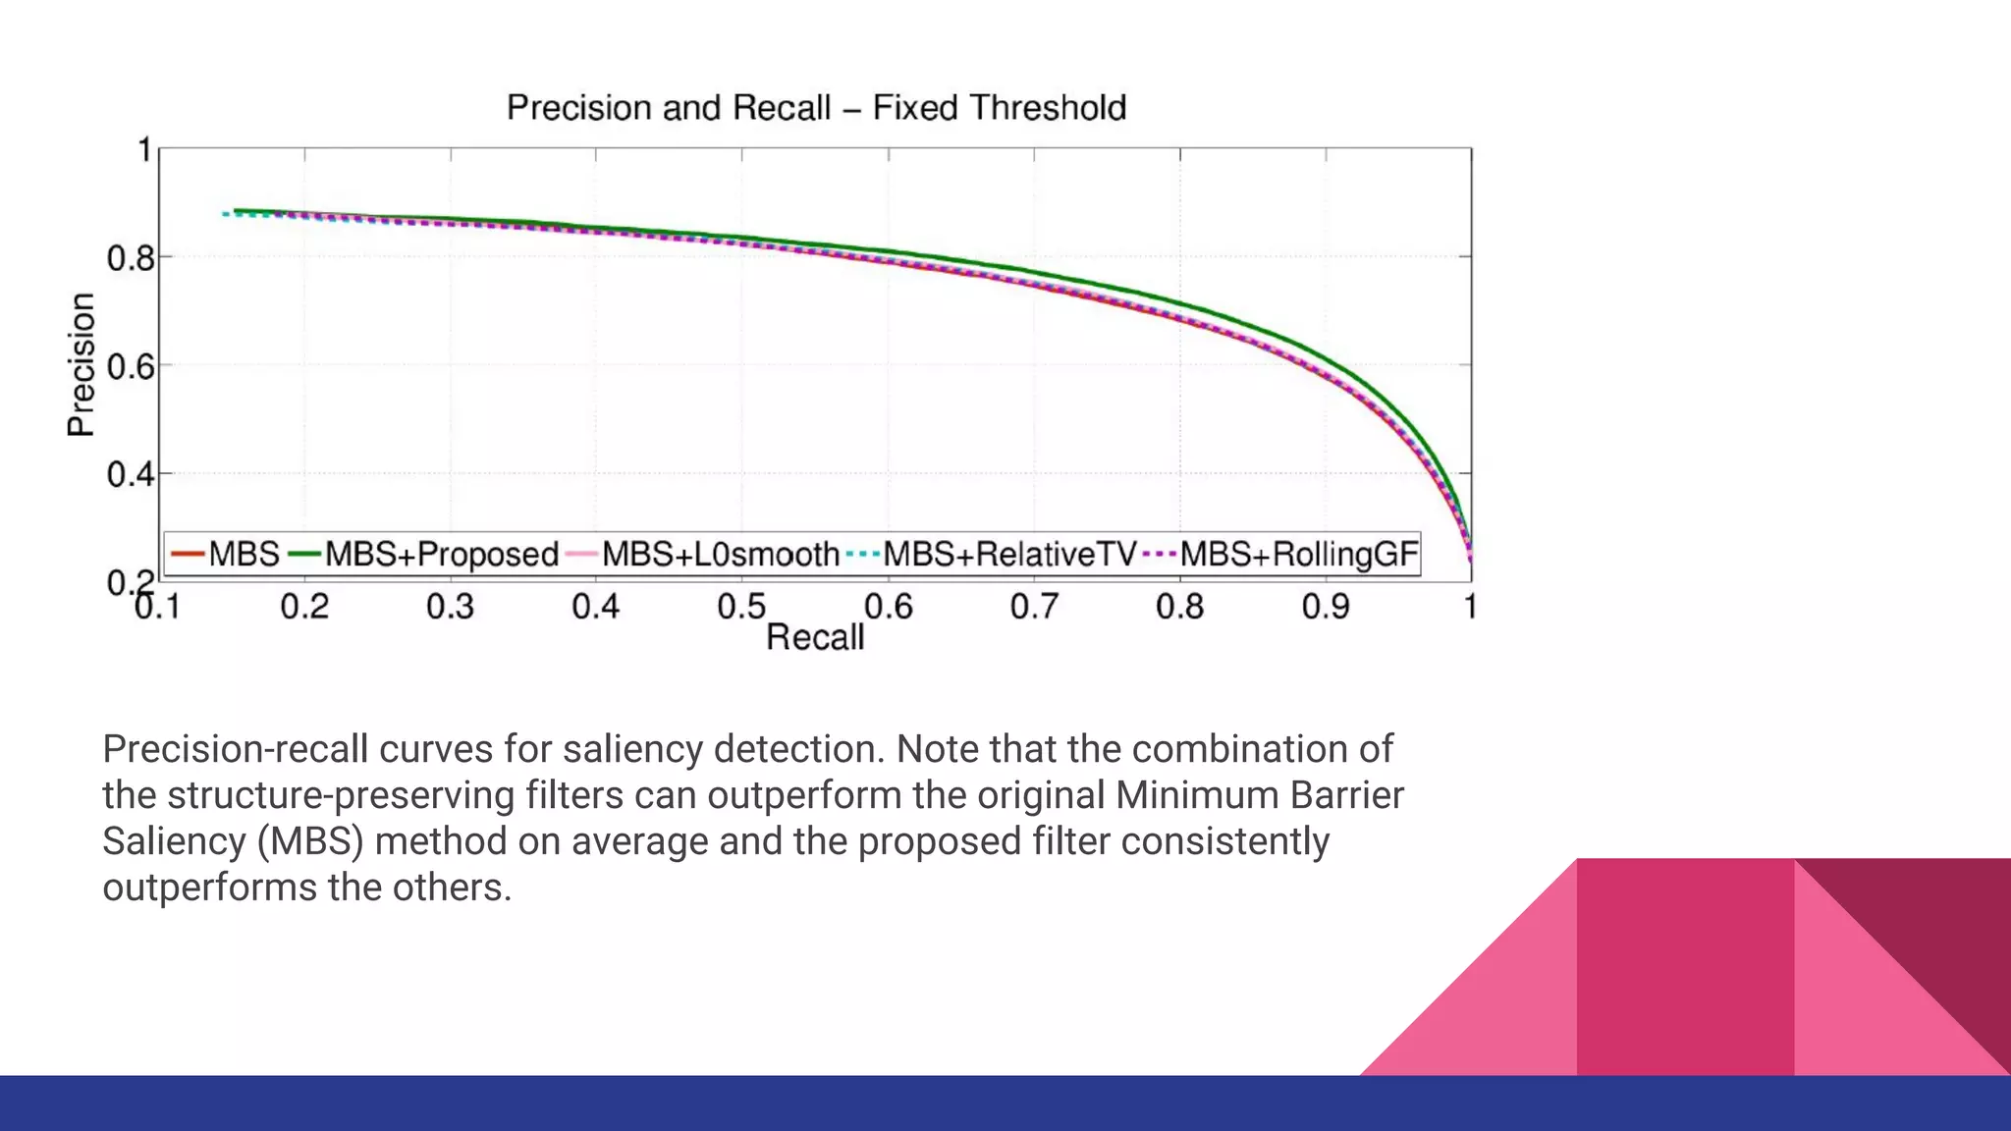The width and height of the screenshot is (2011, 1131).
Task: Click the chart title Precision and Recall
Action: pos(815,107)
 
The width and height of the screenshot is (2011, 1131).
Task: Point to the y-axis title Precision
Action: pos(82,364)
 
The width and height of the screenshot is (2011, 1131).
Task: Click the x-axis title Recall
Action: pos(815,637)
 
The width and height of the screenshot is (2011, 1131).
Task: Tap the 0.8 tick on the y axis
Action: pos(131,259)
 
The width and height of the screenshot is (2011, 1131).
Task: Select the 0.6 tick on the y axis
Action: pos(131,367)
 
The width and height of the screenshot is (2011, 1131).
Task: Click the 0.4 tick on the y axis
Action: pos(131,475)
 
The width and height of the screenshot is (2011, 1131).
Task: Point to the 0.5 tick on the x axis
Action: pos(741,607)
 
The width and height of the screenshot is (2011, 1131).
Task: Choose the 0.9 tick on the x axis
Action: pos(1326,607)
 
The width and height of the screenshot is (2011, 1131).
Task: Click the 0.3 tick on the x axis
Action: pos(450,607)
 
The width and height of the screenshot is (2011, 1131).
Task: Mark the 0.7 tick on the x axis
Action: pos(1034,607)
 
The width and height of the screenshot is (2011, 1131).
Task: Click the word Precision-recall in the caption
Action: pos(235,749)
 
